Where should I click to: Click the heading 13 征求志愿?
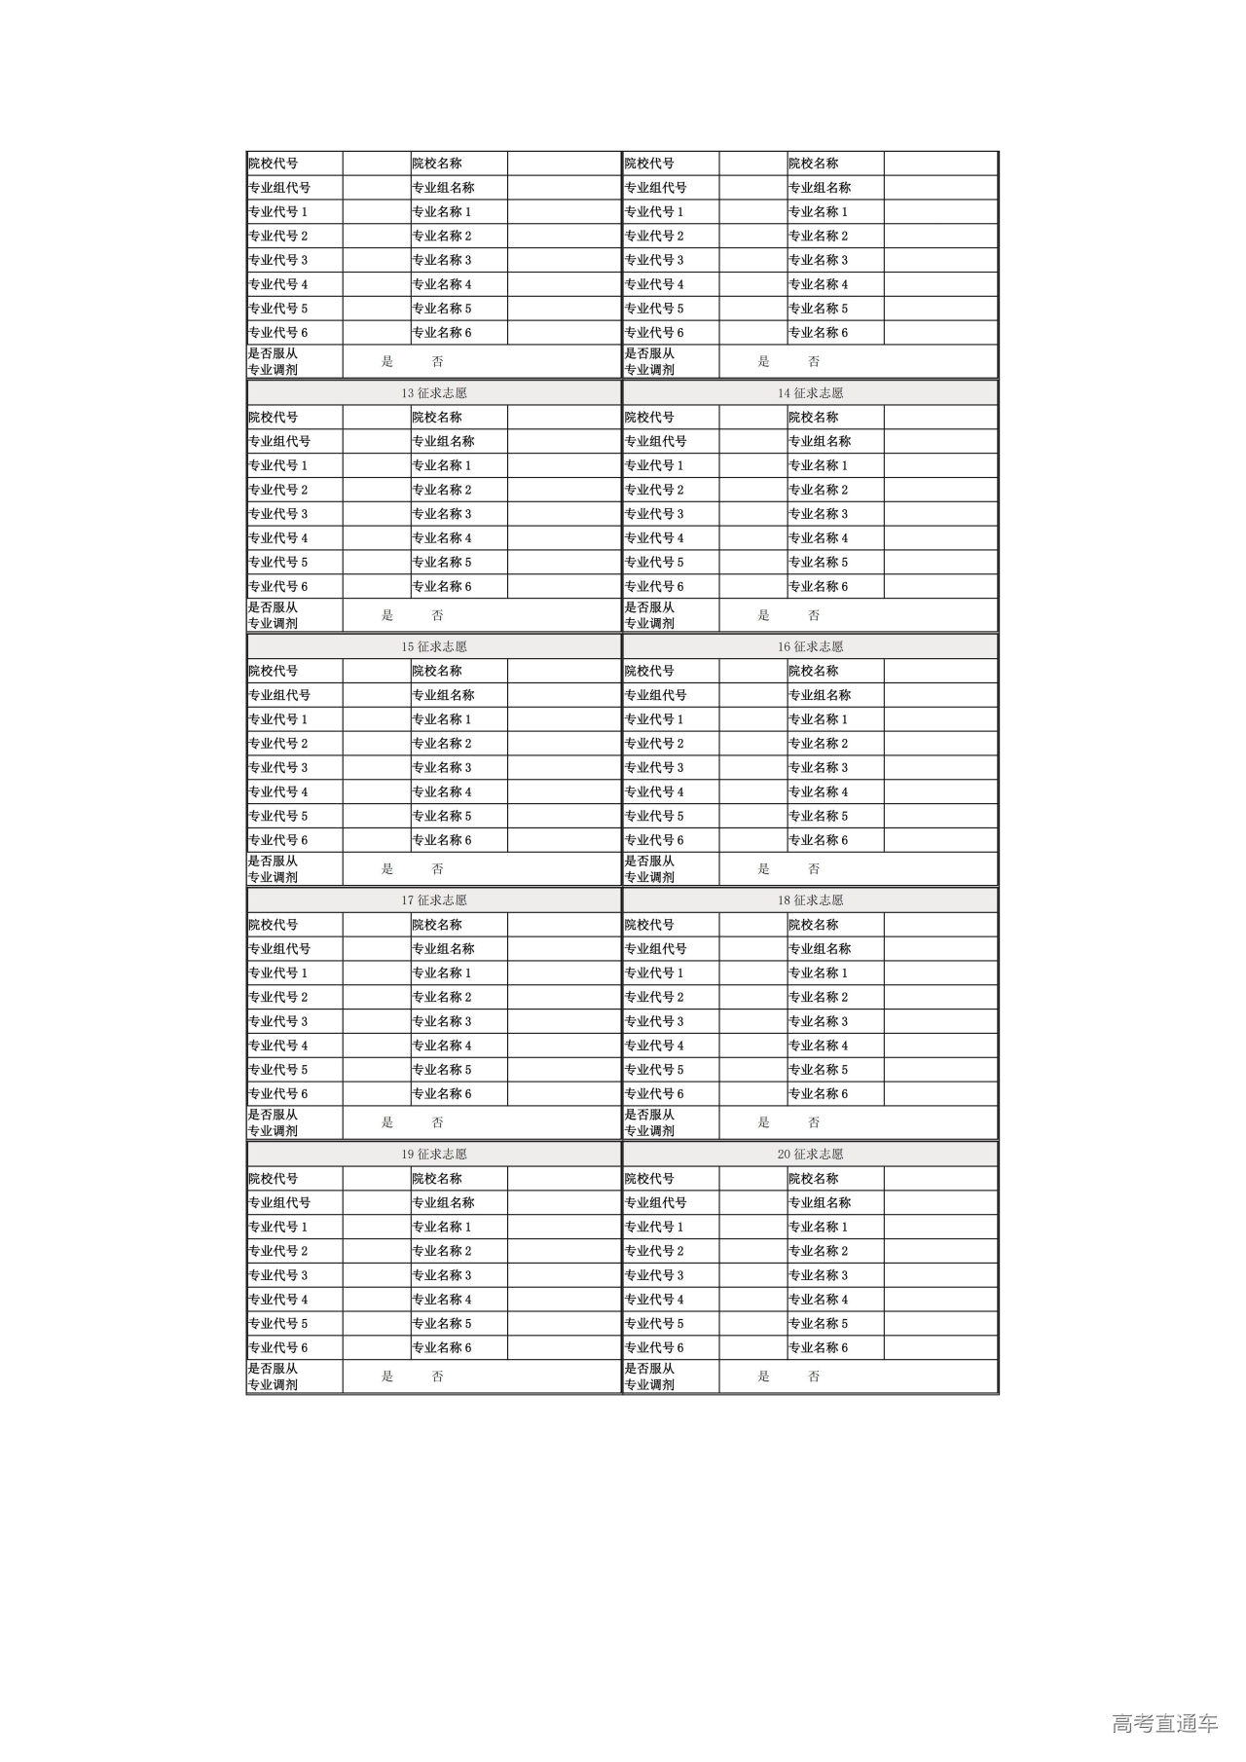tap(433, 393)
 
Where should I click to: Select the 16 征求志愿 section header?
tap(810, 647)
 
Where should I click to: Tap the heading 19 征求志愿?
tap(433, 1155)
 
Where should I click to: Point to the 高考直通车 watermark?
tap(1164, 1724)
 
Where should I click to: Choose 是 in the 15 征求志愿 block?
tap(387, 869)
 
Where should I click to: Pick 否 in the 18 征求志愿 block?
tap(814, 1122)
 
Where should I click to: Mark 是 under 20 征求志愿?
tap(763, 1377)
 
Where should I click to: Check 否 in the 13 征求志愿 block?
tap(437, 615)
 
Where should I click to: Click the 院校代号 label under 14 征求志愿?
tap(649, 418)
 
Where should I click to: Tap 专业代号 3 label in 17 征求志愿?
tap(277, 1021)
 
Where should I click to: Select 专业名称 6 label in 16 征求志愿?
tap(818, 840)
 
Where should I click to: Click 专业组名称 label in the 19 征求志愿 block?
tap(443, 1202)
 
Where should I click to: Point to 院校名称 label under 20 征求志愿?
tap(813, 1179)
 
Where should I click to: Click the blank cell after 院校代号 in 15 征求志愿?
tap(376, 671)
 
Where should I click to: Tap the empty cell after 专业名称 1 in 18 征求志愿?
tap(940, 973)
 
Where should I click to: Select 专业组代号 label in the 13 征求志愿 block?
tap(279, 441)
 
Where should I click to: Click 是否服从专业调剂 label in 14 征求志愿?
tap(649, 615)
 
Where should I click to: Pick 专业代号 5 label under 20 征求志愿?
tap(654, 1324)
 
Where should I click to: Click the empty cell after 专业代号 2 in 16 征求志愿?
tap(752, 744)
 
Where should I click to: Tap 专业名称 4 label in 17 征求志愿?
tap(441, 1046)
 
